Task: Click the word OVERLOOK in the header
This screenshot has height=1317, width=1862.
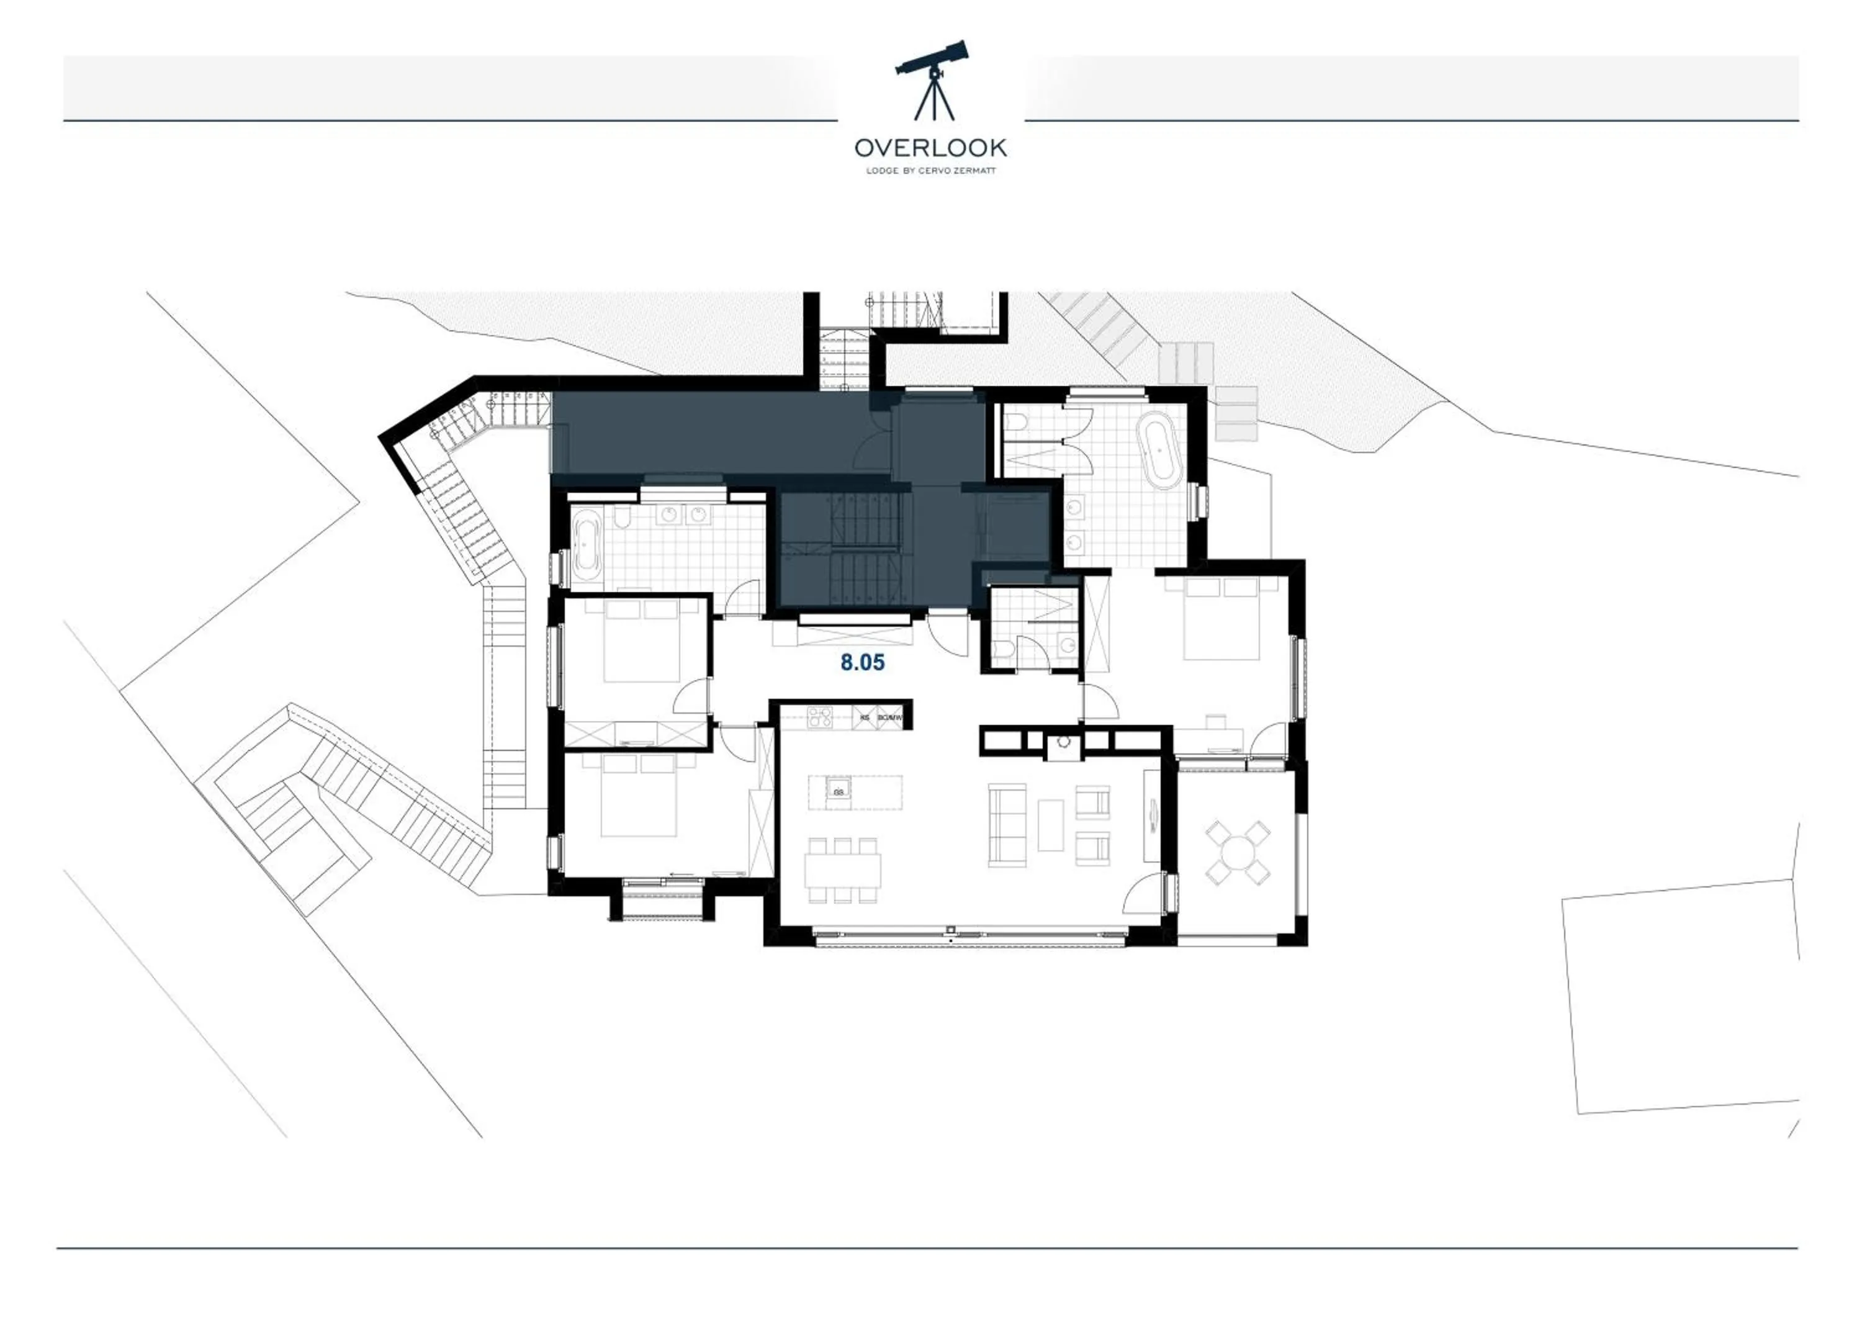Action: click(930, 148)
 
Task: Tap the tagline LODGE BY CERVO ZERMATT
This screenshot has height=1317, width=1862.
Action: click(930, 171)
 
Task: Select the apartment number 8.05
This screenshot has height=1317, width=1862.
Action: click(862, 663)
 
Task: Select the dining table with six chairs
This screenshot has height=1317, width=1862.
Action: click(843, 870)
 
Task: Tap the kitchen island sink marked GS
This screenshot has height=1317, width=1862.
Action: click(839, 791)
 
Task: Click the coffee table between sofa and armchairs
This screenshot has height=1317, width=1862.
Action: click(1050, 825)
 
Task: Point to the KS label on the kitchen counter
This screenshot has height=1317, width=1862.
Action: click(865, 717)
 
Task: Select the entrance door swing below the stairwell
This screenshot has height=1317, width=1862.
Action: click(949, 635)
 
